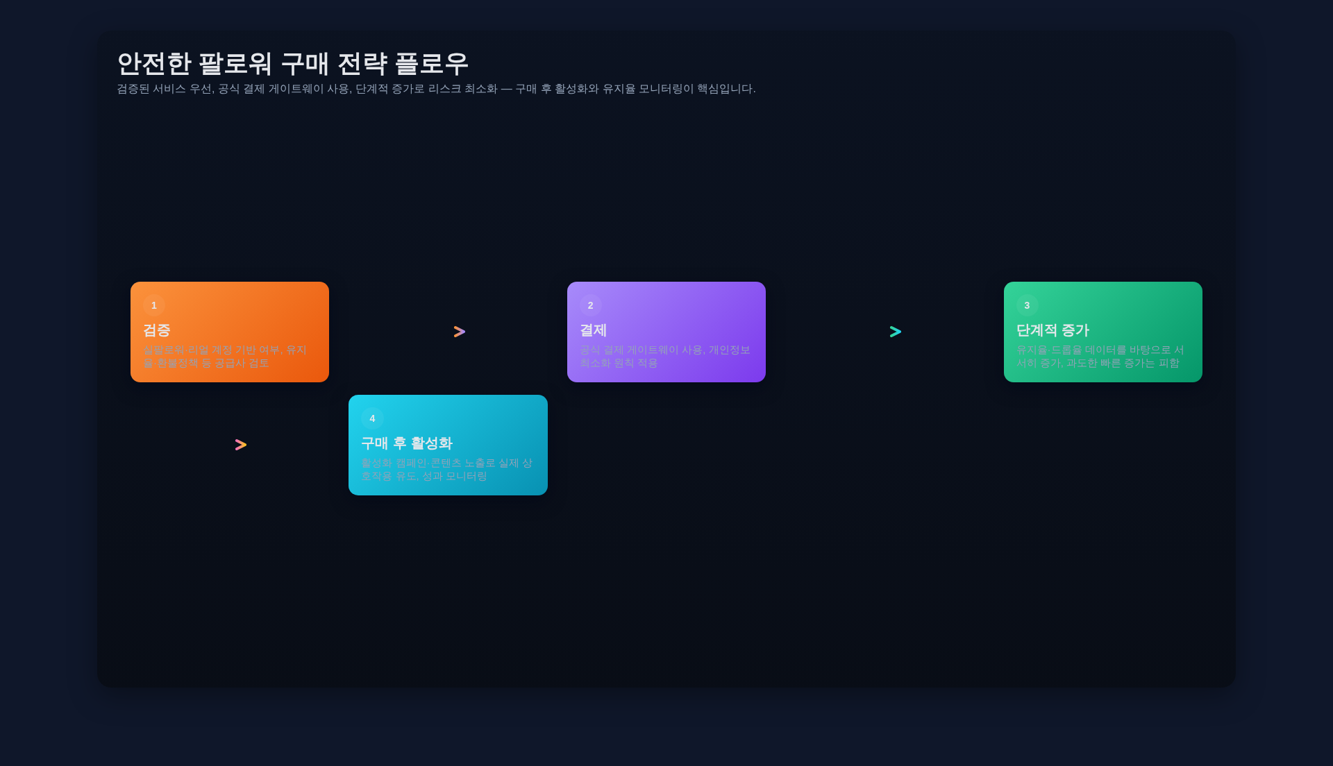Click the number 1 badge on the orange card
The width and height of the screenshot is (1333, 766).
coord(154,305)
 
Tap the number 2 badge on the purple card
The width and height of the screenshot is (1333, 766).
coord(591,305)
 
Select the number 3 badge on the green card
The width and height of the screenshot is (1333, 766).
coord(1028,305)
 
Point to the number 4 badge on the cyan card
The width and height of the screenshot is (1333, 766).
coord(372,418)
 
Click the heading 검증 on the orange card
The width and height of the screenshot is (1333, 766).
coord(157,330)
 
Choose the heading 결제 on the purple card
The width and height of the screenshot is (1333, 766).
coord(594,330)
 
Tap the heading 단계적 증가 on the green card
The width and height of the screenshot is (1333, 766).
coord(1053,330)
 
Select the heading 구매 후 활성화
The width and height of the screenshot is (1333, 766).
coord(407,443)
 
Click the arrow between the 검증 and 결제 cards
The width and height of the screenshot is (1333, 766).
coord(460,332)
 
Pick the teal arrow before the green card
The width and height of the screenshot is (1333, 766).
coord(896,332)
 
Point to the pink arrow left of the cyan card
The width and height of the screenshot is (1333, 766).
coord(241,445)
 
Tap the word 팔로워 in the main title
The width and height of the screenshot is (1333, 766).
coord(235,64)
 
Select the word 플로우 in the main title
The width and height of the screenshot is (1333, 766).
coord(432,64)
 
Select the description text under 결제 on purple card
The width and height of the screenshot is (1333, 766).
coord(665,356)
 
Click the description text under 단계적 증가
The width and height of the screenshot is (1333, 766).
coord(1100,356)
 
